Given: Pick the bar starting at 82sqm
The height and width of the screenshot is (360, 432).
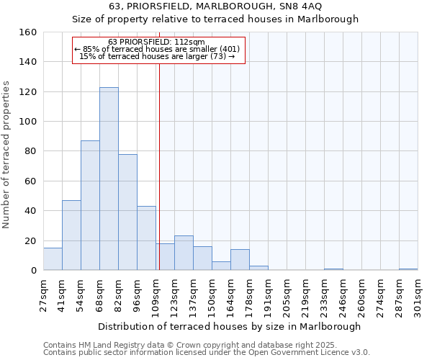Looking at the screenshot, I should (127, 212).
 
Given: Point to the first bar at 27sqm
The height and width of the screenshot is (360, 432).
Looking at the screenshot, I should (53, 259).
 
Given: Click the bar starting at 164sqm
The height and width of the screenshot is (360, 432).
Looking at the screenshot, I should (240, 260).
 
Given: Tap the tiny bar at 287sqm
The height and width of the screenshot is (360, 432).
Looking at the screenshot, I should (408, 269).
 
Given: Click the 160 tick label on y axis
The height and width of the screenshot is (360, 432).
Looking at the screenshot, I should (28, 32).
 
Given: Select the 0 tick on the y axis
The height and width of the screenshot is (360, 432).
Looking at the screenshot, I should (33, 271).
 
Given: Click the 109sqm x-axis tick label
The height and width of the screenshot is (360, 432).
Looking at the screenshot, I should (156, 294).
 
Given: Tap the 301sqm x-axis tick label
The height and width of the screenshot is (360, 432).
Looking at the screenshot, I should (418, 294).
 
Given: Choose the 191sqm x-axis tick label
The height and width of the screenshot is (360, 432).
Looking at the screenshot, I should (268, 294).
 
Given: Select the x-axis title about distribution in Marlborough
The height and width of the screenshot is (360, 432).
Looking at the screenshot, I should (229, 326).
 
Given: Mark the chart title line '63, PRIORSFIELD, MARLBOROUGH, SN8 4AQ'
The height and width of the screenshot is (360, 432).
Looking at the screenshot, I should (216, 6).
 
